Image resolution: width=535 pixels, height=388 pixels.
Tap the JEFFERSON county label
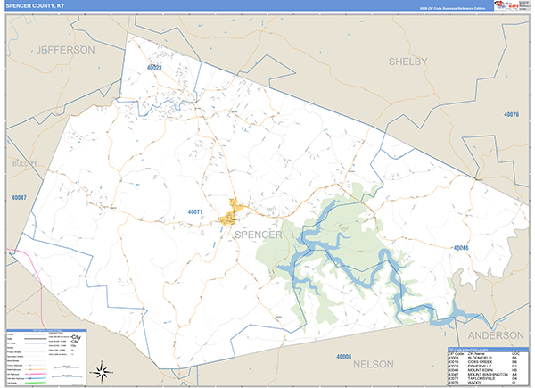tap(64, 51)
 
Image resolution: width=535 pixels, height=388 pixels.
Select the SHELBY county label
tap(408, 61)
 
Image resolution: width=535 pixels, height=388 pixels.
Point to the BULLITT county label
tap(21, 165)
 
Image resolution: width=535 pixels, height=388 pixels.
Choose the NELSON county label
tap(373, 365)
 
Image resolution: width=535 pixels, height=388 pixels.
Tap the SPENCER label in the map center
tap(258, 235)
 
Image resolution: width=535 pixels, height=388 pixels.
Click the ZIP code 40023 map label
tap(155, 68)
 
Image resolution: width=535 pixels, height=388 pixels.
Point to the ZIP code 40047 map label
tap(19, 197)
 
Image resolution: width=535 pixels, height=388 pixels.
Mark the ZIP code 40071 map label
tap(197, 211)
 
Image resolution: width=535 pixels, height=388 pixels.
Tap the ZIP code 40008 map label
tap(344, 357)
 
